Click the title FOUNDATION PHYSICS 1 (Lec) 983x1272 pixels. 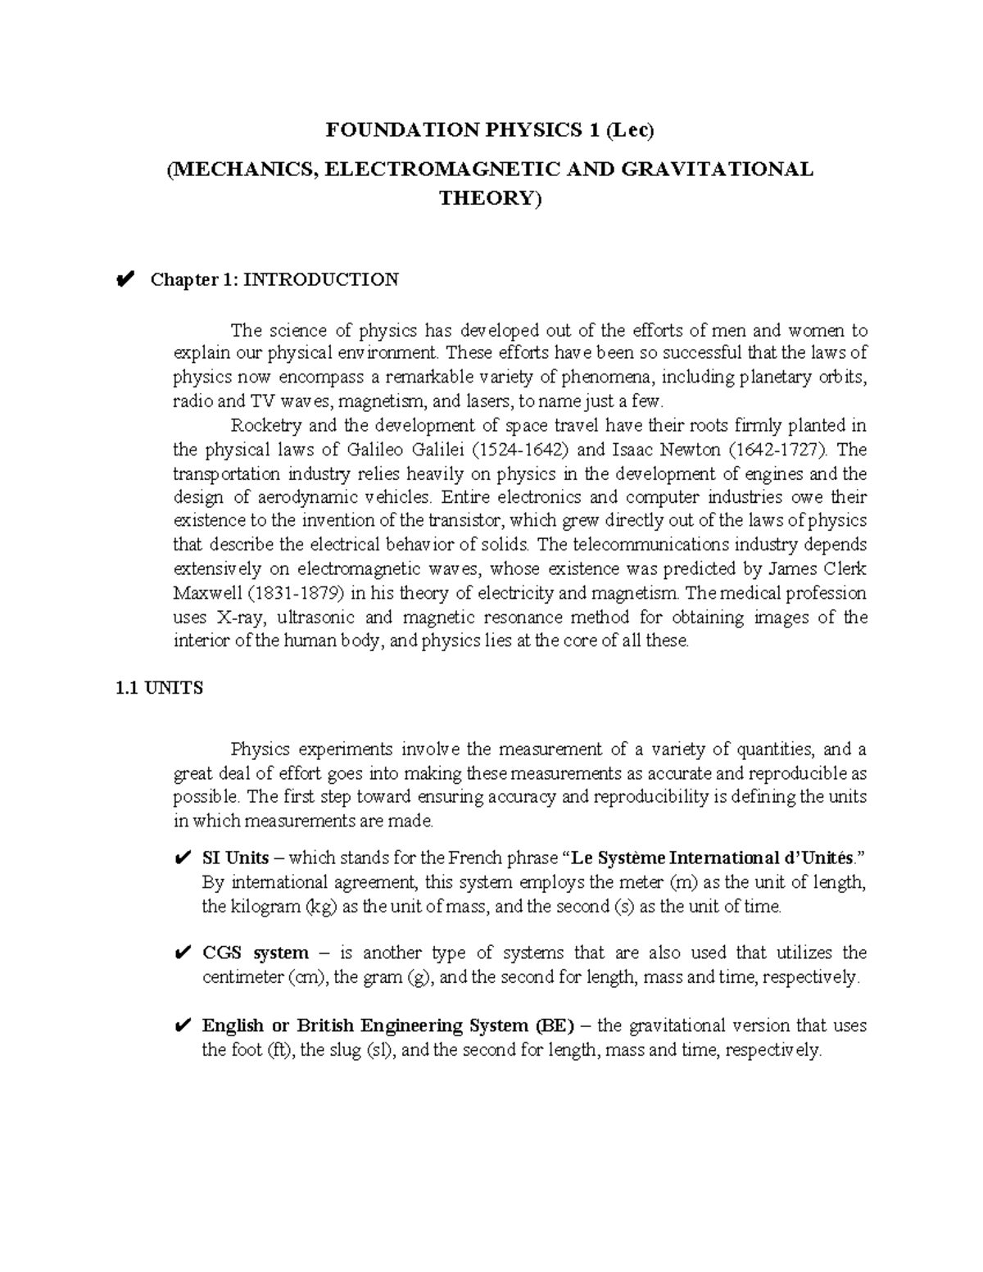(491, 129)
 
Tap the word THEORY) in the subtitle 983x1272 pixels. (491, 198)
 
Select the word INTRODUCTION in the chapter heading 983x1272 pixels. (322, 280)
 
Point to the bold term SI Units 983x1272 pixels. (235, 858)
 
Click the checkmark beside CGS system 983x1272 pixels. (183, 953)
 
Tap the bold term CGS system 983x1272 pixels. (256, 953)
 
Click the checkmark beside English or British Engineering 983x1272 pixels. (183, 1026)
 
